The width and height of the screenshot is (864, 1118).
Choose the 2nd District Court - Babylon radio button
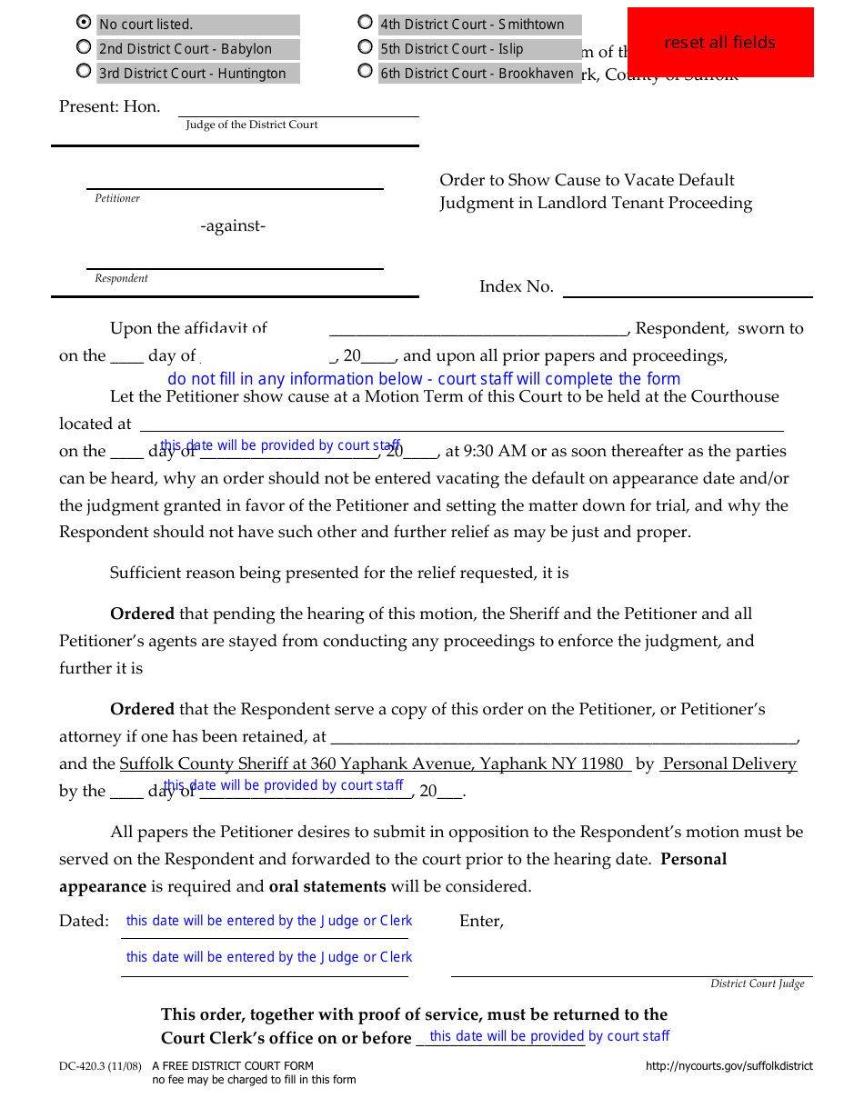coord(84,47)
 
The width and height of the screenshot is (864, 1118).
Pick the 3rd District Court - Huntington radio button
coord(84,71)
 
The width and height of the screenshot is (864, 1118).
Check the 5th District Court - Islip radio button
coord(366,47)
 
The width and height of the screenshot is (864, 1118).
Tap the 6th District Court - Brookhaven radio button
coord(366,71)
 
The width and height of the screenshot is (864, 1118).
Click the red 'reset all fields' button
coord(719,43)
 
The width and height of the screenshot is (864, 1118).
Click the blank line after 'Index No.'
coord(688,288)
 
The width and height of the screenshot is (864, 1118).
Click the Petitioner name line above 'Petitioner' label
coord(235,180)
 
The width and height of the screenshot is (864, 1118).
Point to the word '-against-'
coord(233,226)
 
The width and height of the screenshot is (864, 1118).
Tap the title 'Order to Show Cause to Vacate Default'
coord(587,180)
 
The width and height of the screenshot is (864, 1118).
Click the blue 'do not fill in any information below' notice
coord(424,379)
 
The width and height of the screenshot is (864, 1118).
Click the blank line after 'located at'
coord(460,424)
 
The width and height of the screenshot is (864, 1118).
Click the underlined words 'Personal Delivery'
coord(729,764)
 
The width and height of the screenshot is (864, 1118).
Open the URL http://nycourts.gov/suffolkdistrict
coord(728,1066)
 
